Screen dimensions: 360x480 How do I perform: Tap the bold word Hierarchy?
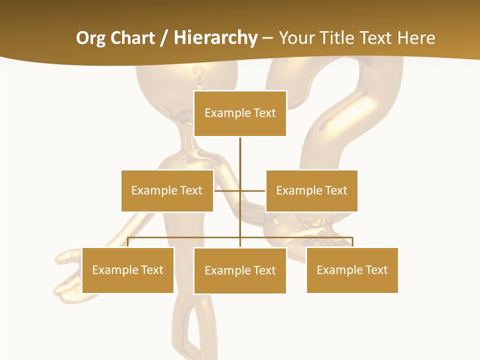(215, 38)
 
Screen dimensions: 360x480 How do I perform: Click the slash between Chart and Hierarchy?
(164, 38)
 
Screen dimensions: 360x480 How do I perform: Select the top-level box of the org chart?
(240, 113)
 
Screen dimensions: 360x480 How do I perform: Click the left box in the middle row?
(167, 190)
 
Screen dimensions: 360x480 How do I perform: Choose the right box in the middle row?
(311, 190)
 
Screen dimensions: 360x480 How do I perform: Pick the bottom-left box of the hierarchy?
(128, 270)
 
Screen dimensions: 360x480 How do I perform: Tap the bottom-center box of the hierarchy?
(240, 270)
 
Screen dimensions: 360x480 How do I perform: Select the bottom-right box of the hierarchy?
(352, 270)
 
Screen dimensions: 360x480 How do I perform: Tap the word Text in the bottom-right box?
(376, 270)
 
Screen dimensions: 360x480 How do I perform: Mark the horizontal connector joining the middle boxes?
(240, 190)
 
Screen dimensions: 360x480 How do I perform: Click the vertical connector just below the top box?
(240, 150)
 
